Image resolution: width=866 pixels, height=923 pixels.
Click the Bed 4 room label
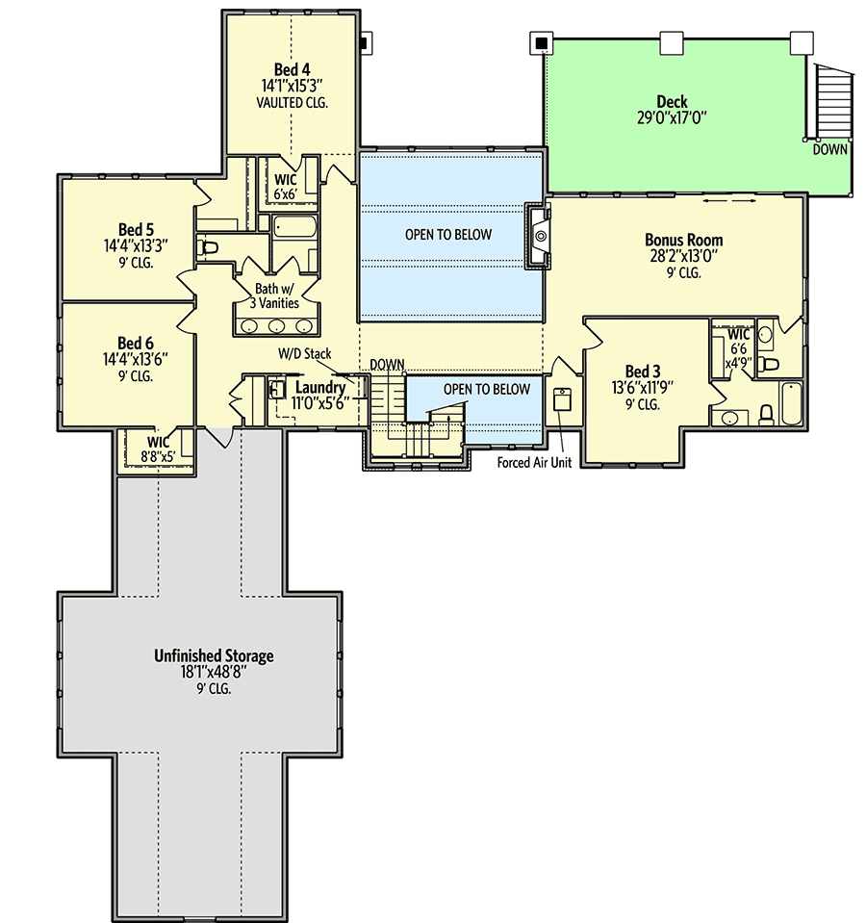point(292,69)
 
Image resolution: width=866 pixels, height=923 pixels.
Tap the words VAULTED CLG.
point(292,101)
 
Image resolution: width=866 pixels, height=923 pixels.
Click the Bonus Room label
point(683,240)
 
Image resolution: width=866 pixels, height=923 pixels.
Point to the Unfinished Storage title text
point(214,655)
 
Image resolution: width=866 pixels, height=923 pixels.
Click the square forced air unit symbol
point(564,399)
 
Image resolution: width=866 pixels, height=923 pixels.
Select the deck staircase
point(831,102)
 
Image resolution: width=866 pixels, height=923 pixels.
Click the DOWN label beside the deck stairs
point(829,150)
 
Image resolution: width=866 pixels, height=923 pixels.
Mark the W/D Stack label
point(305,354)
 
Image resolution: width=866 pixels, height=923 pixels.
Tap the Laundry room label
point(319,388)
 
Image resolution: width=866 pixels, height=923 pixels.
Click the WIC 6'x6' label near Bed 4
point(285,187)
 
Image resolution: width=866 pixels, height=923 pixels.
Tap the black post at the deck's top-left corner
point(541,43)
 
